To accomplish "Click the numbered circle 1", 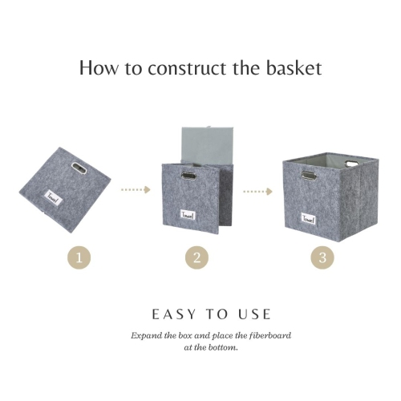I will point(79,257).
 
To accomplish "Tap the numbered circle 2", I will point(197,257).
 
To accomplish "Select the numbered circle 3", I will point(322,257).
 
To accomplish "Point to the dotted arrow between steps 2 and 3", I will point(259,192).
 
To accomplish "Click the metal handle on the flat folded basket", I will point(79,168).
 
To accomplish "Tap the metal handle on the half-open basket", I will point(188,174).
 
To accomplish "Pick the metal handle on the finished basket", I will point(310,175).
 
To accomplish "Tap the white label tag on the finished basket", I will point(308,218).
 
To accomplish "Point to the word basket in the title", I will point(295,67).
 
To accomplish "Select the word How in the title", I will point(96,67).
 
